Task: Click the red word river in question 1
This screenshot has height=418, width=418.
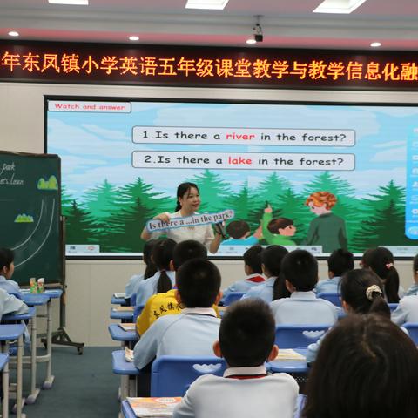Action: click(x=240, y=137)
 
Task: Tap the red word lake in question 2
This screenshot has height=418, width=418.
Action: click(x=239, y=160)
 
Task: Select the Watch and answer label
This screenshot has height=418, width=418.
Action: click(x=89, y=107)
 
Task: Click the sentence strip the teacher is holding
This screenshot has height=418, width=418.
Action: click(x=189, y=221)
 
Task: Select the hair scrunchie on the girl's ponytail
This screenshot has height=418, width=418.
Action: click(x=373, y=292)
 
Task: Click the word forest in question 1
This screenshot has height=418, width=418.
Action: click(x=330, y=137)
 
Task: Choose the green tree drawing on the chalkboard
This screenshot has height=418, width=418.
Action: click(x=47, y=183)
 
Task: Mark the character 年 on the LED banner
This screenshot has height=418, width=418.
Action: click(x=10, y=63)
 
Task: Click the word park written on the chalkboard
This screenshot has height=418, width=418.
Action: click(x=8, y=167)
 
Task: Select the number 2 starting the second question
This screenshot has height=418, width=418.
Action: click(x=138, y=160)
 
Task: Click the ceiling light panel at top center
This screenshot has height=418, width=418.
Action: click(x=206, y=4)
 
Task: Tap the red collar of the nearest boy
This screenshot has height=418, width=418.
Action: click(x=246, y=373)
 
